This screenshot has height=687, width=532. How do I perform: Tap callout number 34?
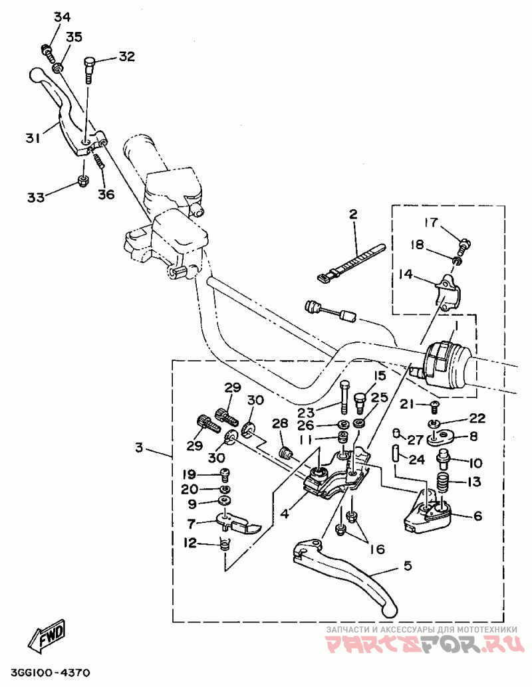pos(63,17)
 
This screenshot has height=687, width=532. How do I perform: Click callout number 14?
pos(406,274)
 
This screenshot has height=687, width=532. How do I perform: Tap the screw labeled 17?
pos(464,245)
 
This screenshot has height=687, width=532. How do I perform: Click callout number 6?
pos(477,516)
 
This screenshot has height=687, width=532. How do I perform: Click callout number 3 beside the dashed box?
pos(139,448)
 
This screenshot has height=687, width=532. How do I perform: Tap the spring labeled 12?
pos(225,545)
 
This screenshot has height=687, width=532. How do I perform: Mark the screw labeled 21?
pos(434,406)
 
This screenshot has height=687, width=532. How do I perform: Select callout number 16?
pos(378,549)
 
